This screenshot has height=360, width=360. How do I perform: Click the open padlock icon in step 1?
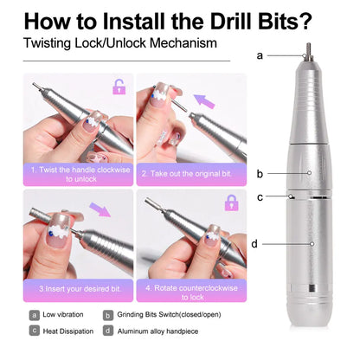(119, 87)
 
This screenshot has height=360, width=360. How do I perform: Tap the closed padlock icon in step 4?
(231, 202)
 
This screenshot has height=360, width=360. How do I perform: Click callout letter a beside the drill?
(260, 55)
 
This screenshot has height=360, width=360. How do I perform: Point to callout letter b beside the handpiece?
(260, 173)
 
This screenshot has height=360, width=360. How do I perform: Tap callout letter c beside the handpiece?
(260, 196)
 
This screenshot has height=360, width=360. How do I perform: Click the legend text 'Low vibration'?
(63, 315)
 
